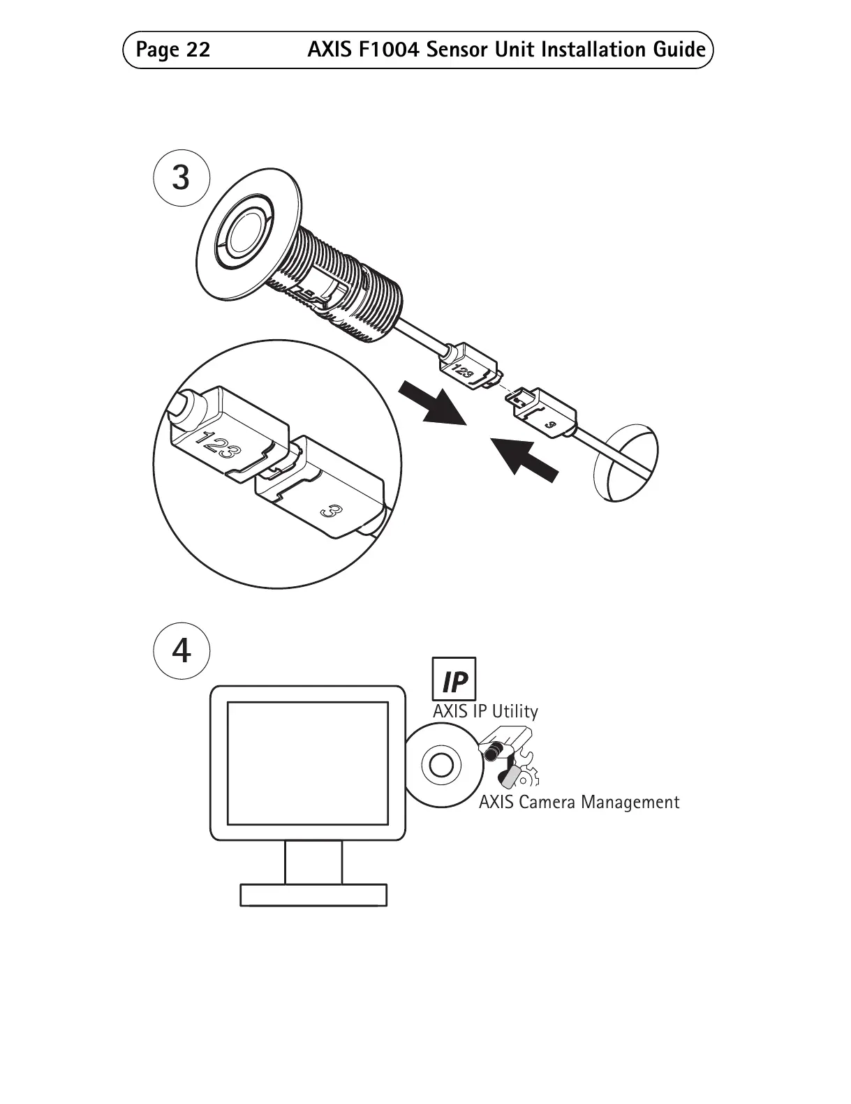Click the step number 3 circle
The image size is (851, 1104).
tap(181, 178)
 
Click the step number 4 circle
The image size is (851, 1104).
tap(181, 652)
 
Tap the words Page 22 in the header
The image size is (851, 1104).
tap(173, 50)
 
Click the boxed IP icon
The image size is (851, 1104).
tap(454, 679)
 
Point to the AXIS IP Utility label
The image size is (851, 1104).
tap(485, 712)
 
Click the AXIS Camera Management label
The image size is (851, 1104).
tap(579, 803)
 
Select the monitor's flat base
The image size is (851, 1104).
tap(313, 895)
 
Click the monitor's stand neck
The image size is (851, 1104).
tap(313, 862)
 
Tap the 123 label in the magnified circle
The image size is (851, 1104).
tap(218, 445)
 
